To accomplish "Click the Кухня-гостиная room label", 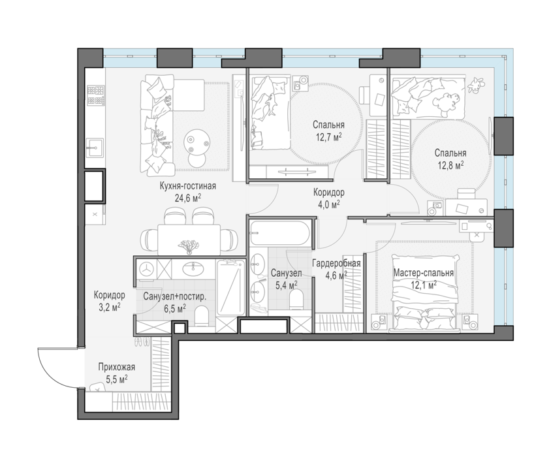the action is pyautogui.click(x=187, y=186).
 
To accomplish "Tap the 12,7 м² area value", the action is pyautogui.click(x=329, y=136).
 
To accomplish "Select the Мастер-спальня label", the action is pyautogui.click(x=424, y=273).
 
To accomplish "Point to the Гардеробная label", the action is pyautogui.click(x=336, y=263).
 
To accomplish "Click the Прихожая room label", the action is pyautogui.click(x=117, y=368).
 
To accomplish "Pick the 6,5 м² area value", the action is pyautogui.click(x=175, y=309).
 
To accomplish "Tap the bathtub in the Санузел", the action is pyautogui.click(x=279, y=232).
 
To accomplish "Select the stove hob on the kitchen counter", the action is pyautogui.click(x=95, y=95).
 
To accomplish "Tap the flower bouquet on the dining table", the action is pyautogui.click(x=189, y=245).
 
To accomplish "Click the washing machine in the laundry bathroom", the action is pyautogui.click(x=146, y=269).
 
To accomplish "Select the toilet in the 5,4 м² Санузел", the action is pyautogui.click(x=297, y=299).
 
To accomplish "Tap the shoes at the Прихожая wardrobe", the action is pyautogui.click(x=142, y=341).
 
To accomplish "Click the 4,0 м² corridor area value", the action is pyautogui.click(x=328, y=204).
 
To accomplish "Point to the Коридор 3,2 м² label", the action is pyautogui.click(x=109, y=301).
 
